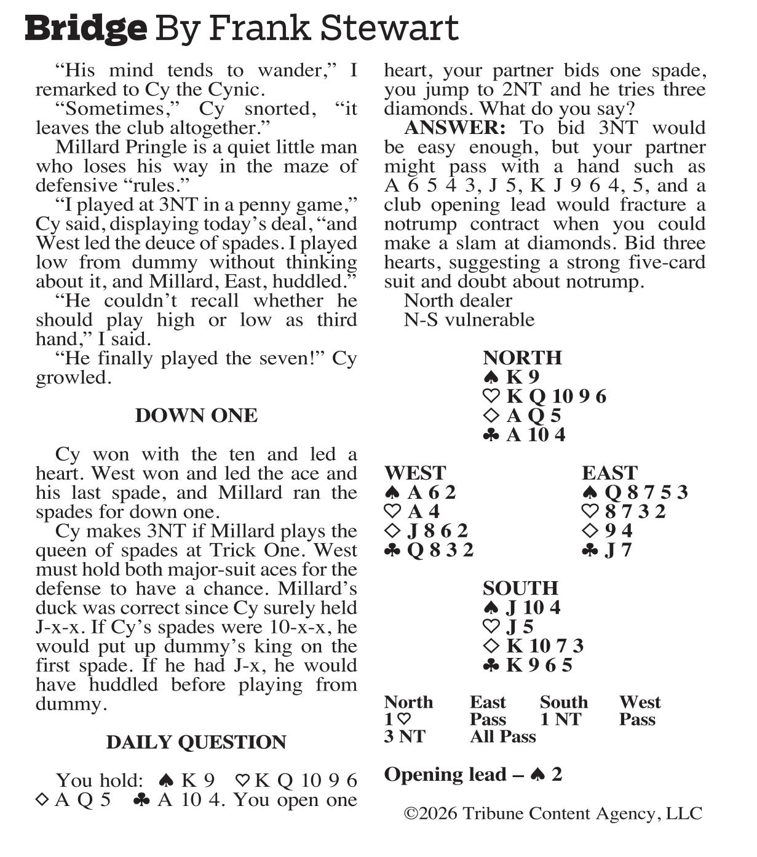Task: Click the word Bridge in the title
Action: (x=86, y=28)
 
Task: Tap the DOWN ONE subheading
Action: (x=196, y=416)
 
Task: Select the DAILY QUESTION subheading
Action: (x=196, y=742)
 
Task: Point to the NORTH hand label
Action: (x=522, y=358)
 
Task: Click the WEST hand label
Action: (x=415, y=473)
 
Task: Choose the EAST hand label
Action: (x=609, y=473)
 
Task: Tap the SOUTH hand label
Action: (x=520, y=588)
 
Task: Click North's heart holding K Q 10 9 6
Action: (x=545, y=396)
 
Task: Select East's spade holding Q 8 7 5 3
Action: (x=635, y=492)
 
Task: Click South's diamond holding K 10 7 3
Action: (x=533, y=646)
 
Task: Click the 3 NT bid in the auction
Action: (x=405, y=737)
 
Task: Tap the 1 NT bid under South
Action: (x=560, y=719)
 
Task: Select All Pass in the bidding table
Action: (x=502, y=737)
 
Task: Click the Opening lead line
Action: (x=473, y=775)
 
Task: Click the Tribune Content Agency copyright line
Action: (x=553, y=813)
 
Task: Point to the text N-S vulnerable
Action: (x=469, y=319)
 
